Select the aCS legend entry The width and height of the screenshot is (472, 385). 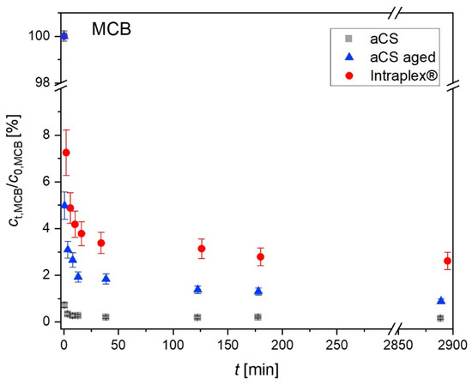pyautogui.click(x=388, y=37)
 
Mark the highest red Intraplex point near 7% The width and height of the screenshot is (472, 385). pyautogui.click(x=66, y=153)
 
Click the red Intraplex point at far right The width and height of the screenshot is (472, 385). pyautogui.click(x=447, y=261)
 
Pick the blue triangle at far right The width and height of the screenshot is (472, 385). pyautogui.click(x=441, y=300)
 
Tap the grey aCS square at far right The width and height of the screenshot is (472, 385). pyautogui.click(x=440, y=318)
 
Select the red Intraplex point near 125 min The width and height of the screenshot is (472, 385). pyautogui.click(x=202, y=249)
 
